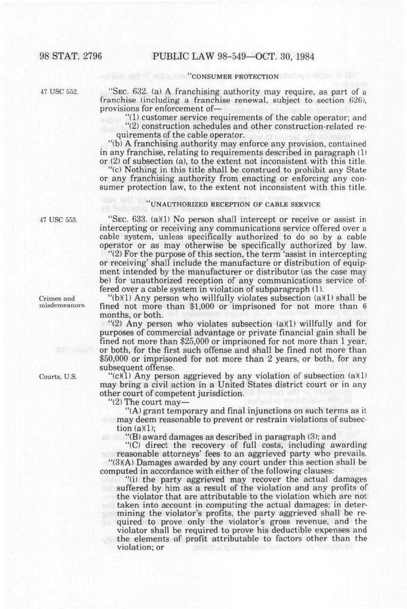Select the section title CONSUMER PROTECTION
pyautogui.click(x=234, y=77)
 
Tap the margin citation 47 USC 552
pyautogui.click(x=59, y=92)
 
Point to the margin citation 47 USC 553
pyautogui.click(x=59, y=220)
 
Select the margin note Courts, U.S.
pyautogui.click(x=58, y=377)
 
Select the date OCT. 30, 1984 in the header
pyautogui.click(x=282, y=56)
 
